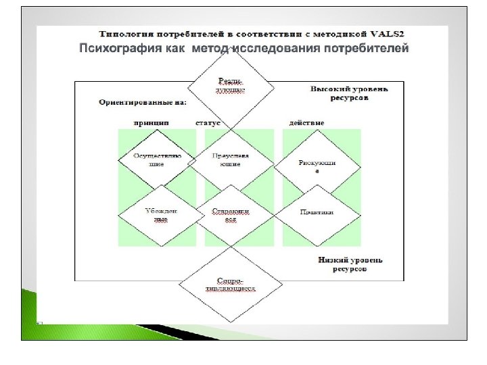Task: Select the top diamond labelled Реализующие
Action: click(231, 85)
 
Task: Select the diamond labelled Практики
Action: click(317, 212)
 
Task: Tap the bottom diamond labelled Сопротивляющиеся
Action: click(231, 284)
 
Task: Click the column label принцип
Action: click(152, 123)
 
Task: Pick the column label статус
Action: click(209, 123)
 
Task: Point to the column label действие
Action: click(306, 123)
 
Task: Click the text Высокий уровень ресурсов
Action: click(340, 93)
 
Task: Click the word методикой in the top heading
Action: click(336, 32)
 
